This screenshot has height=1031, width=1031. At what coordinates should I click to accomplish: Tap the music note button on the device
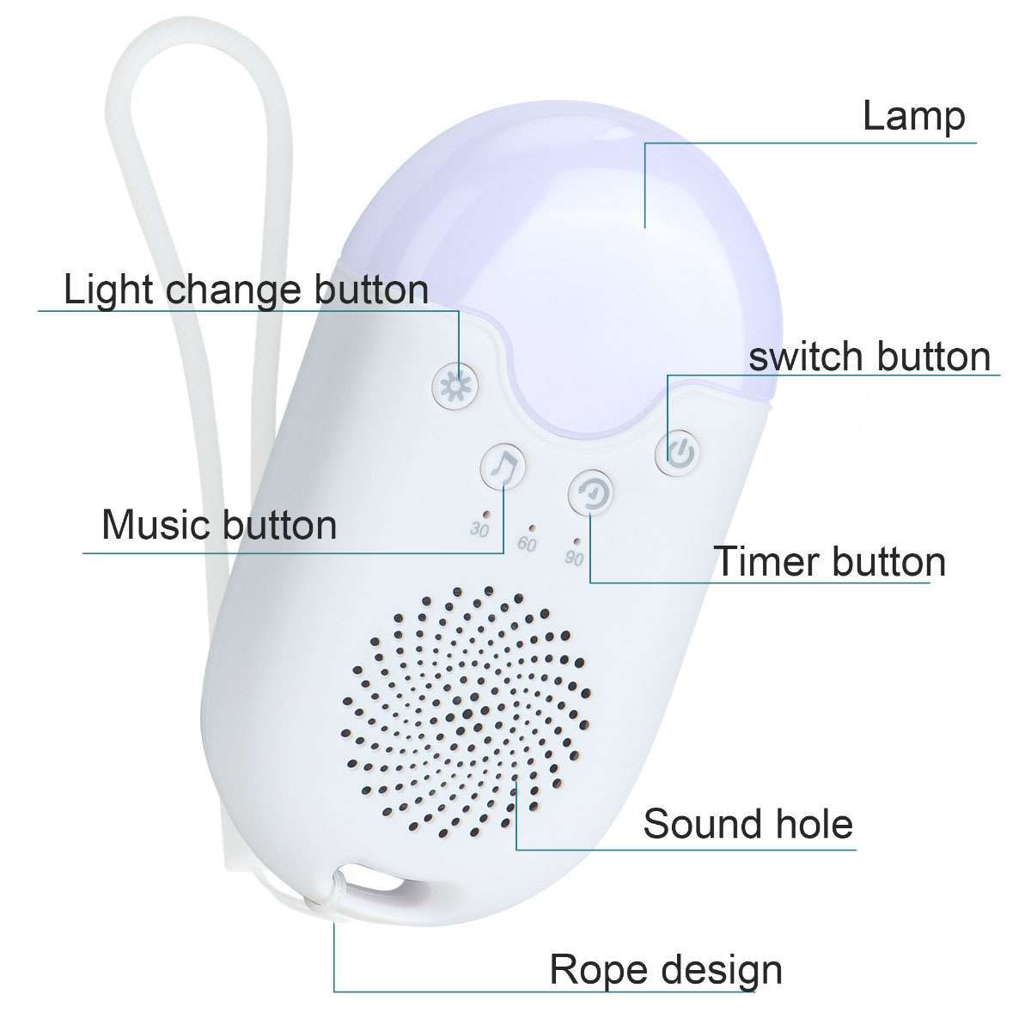(503, 468)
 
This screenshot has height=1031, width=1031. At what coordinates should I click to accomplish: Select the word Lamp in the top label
(913, 116)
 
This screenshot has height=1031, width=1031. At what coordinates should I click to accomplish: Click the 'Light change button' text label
(246, 290)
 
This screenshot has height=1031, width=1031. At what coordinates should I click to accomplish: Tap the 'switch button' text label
(869, 356)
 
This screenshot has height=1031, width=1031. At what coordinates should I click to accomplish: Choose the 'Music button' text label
(219, 524)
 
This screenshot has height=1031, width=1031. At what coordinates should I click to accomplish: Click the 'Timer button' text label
(830, 562)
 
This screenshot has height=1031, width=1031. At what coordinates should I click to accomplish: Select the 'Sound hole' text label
(747, 824)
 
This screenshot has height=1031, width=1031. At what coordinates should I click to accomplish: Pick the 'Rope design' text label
(666, 969)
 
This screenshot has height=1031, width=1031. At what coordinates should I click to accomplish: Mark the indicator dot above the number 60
(532, 528)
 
